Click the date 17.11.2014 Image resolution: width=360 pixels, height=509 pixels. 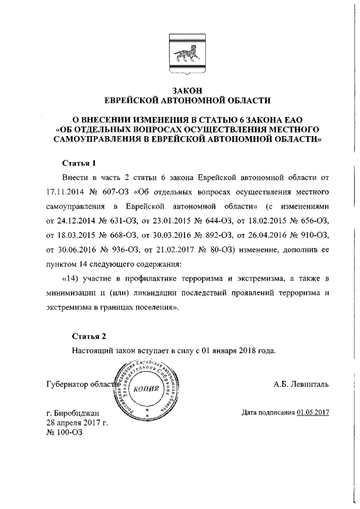pyautogui.click(x=65, y=191)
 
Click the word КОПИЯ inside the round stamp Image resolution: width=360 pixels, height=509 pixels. pyautogui.click(x=146, y=388)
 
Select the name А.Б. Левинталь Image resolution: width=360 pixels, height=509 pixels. pyautogui.click(x=301, y=385)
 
